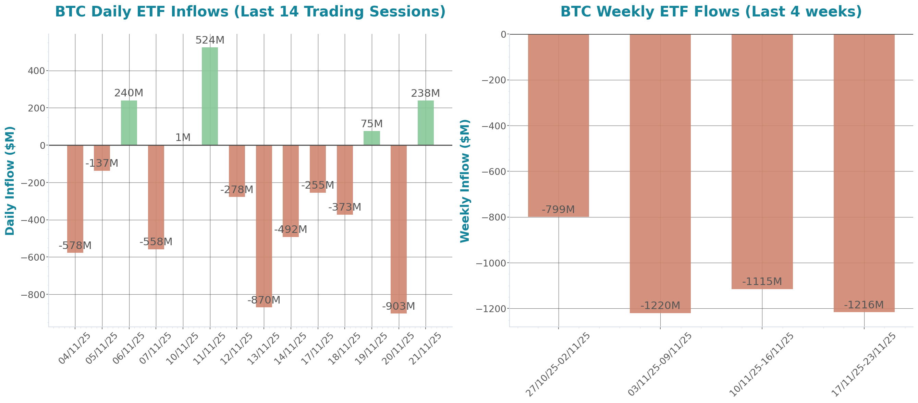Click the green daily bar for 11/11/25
click(210, 96)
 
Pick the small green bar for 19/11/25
click(372, 138)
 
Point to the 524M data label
click(210, 40)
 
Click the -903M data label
click(399, 306)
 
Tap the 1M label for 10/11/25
click(183, 137)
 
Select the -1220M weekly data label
click(660, 306)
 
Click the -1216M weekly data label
click(864, 305)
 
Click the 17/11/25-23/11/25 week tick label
click(864, 364)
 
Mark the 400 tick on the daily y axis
click(36, 71)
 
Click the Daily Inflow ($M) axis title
click(10, 180)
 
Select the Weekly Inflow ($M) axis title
click(465, 180)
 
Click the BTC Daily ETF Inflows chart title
click(250, 11)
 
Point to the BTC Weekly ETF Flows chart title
click(711, 11)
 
